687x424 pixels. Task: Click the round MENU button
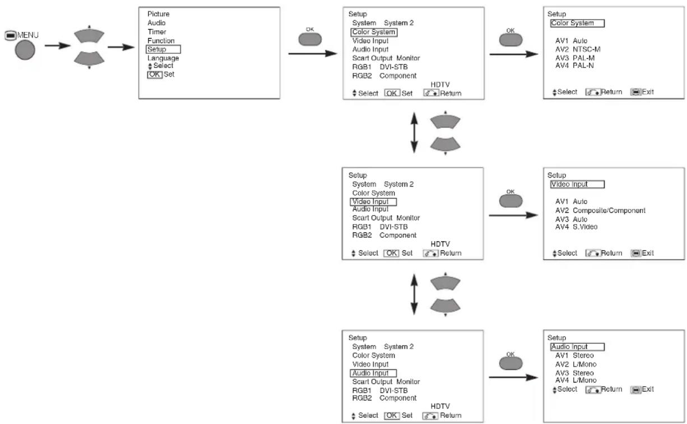coord(25,50)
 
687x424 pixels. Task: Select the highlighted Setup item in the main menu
coord(163,49)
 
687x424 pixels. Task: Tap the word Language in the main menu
coord(163,58)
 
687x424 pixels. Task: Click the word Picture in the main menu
coord(158,14)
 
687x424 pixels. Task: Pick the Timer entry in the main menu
coord(157,31)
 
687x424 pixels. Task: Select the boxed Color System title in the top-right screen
coord(577,23)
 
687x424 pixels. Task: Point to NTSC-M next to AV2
coord(586,49)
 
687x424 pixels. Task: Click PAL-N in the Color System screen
coord(583,66)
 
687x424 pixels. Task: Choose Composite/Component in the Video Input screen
coord(609,210)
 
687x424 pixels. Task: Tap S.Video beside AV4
coord(585,226)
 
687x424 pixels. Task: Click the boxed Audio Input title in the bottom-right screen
coord(577,347)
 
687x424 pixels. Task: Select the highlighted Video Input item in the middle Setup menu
coord(373,202)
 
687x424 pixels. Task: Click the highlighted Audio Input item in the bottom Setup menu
coord(373,373)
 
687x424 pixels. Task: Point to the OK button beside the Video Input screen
coord(510,201)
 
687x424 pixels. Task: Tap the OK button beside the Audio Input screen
coord(510,364)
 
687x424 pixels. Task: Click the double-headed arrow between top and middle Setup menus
coord(414,133)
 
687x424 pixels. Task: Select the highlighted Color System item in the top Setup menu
coord(374,32)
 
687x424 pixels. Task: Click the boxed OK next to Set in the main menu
coord(155,74)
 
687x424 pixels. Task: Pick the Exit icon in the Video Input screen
coord(635,253)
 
